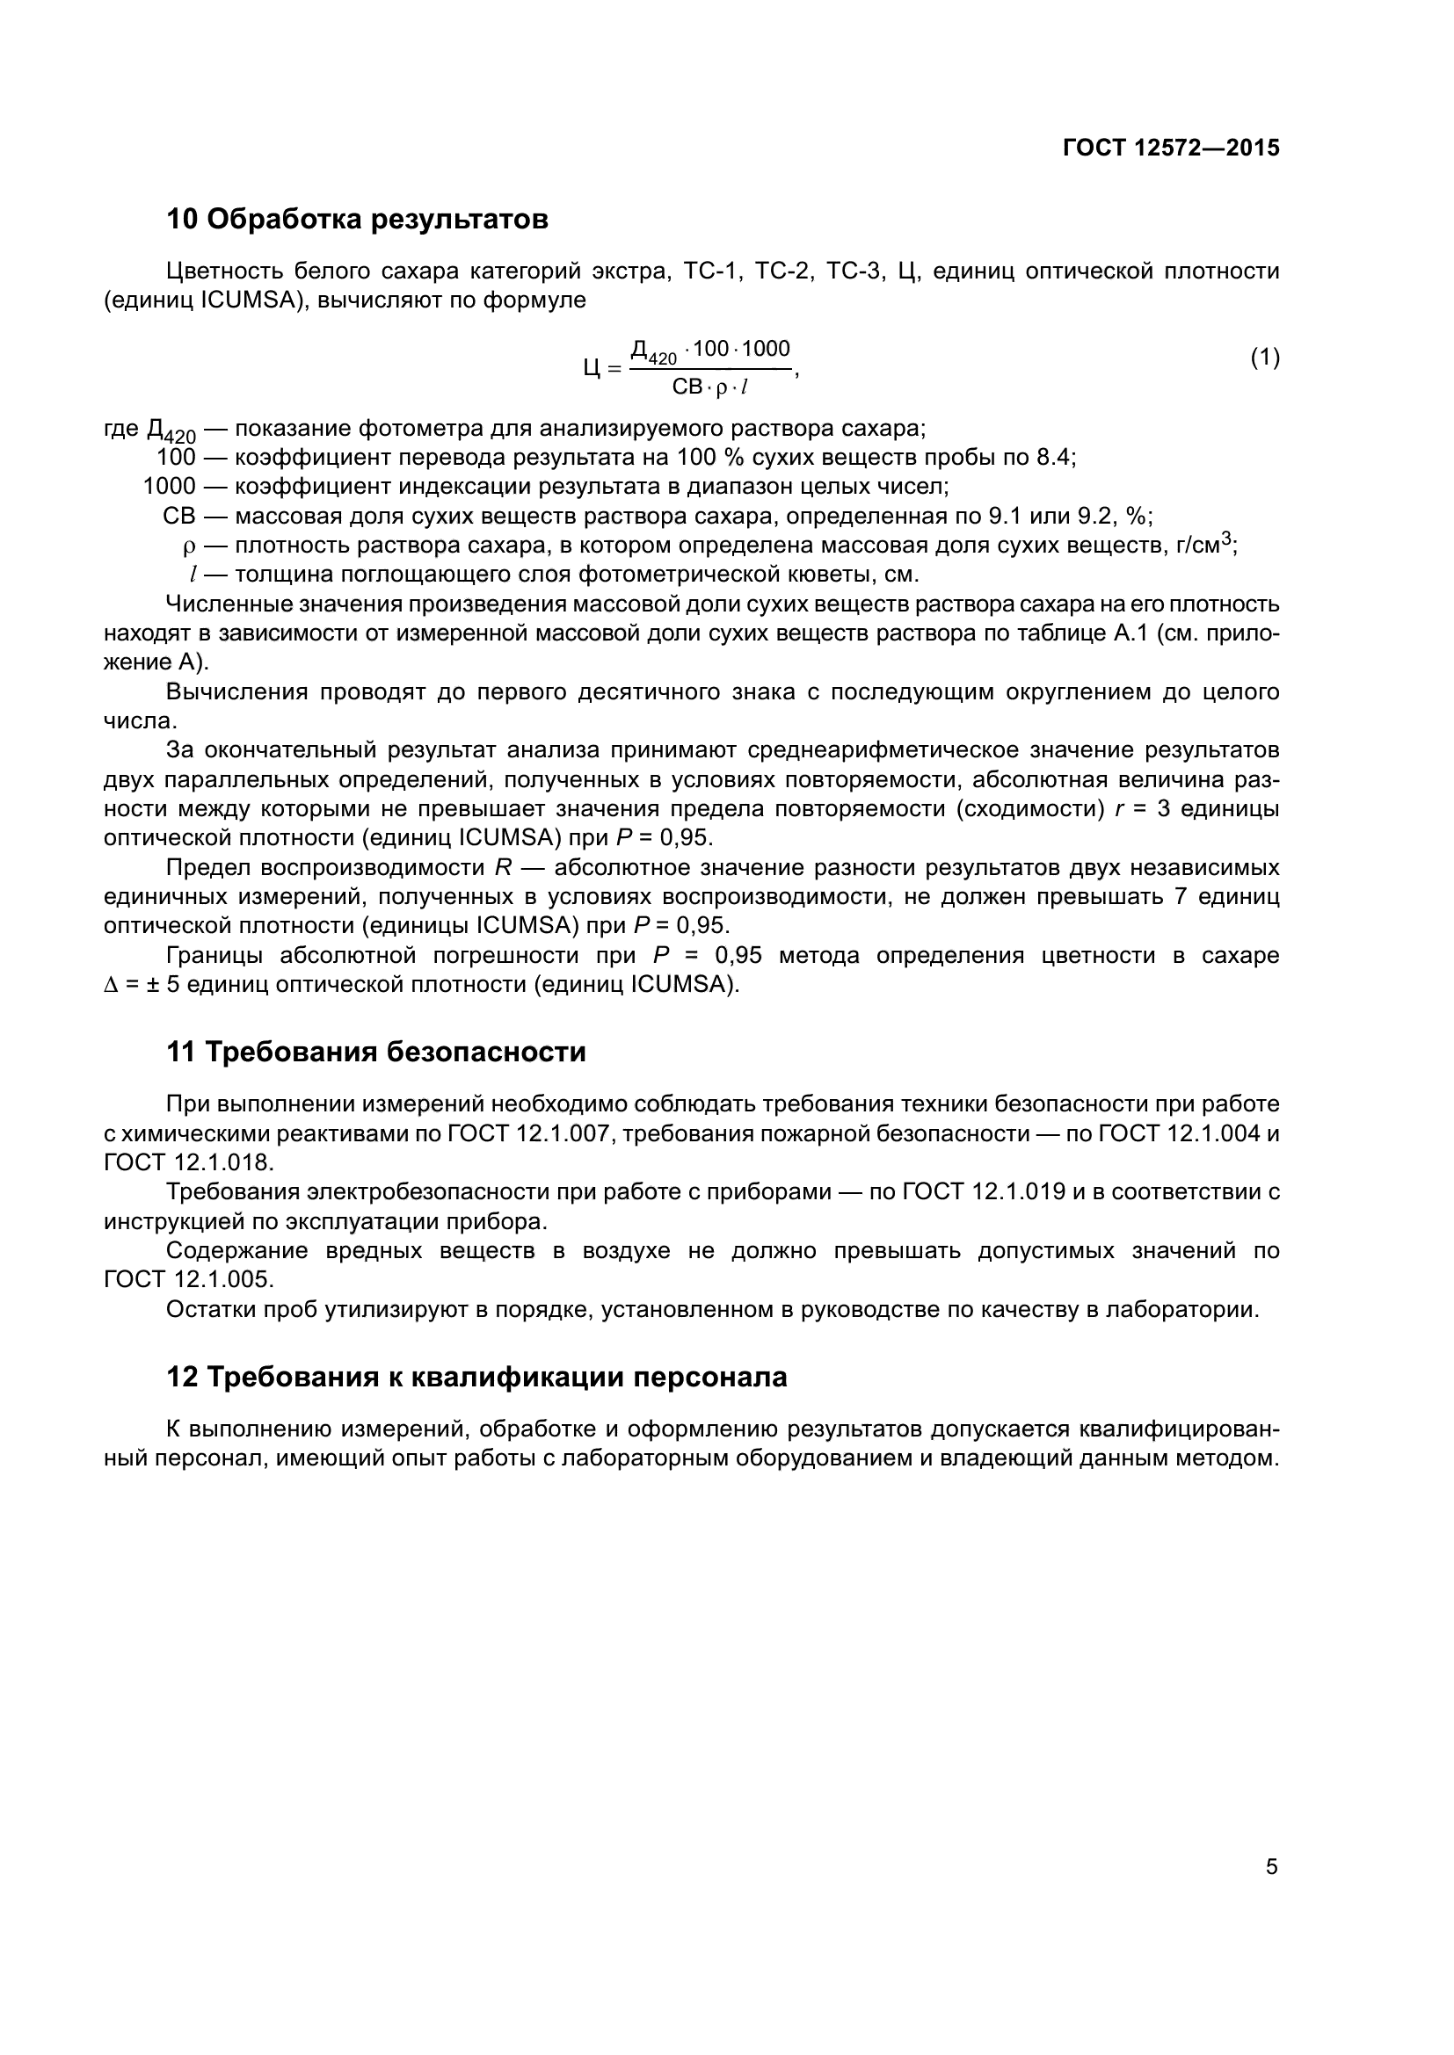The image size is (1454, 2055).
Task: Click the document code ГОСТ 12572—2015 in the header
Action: pos(1171,148)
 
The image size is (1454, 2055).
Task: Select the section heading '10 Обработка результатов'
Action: pos(357,220)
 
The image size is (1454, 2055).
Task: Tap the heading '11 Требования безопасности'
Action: pos(376,1052)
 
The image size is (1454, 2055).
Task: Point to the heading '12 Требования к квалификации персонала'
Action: pos(476,1377)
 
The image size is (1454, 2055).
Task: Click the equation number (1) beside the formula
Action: pos(1264,358)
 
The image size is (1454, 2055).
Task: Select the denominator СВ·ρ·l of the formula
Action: pos(710,388)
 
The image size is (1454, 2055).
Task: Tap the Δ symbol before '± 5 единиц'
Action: pos(111,986)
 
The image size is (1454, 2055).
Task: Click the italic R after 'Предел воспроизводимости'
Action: pos(503,868)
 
